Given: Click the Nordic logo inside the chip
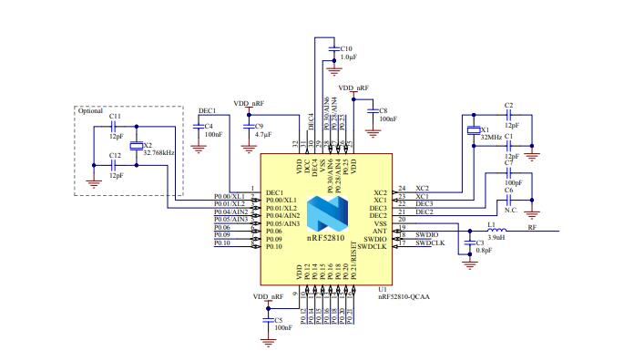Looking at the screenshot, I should pyautogui.click(x=325, y=216).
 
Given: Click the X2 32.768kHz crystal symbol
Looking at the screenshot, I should pyautogui.click(x=136, y=149).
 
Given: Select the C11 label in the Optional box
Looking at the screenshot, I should pyautogui.click(x=115, y=117).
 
